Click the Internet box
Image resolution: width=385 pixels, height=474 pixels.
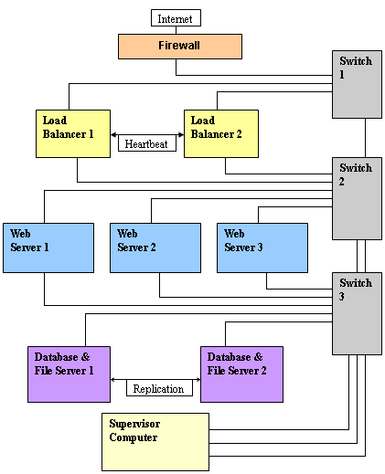[176, 17]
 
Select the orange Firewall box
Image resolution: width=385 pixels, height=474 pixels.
[180, 47]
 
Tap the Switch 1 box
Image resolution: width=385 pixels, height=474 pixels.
[357, 84]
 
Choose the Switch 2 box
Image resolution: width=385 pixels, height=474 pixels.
[357, 198]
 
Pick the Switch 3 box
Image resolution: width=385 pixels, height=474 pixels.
[357, 313]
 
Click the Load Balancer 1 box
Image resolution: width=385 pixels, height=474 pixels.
[73, 133]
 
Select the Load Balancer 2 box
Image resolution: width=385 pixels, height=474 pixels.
[221, 133]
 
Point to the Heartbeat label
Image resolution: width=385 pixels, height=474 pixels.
[147, 143]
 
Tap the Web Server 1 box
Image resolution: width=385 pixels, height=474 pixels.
[48, 248]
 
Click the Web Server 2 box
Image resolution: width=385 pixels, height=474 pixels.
[155, 248]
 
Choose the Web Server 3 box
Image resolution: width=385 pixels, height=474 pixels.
[262, 248]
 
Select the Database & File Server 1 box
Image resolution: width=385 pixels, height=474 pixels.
[69, 374]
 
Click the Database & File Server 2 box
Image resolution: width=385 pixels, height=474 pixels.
[241, 374]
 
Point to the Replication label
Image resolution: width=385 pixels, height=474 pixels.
[159, 388]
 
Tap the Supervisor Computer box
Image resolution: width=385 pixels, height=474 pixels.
[155, 442]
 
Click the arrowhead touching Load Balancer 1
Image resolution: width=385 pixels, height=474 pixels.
[113, 134]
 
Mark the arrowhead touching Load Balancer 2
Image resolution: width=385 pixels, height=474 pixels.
[181, 134]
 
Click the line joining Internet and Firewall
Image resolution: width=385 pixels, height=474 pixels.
[176, 30]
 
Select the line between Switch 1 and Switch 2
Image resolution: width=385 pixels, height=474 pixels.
[365, 138]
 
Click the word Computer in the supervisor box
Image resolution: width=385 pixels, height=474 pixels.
[134, 437]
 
